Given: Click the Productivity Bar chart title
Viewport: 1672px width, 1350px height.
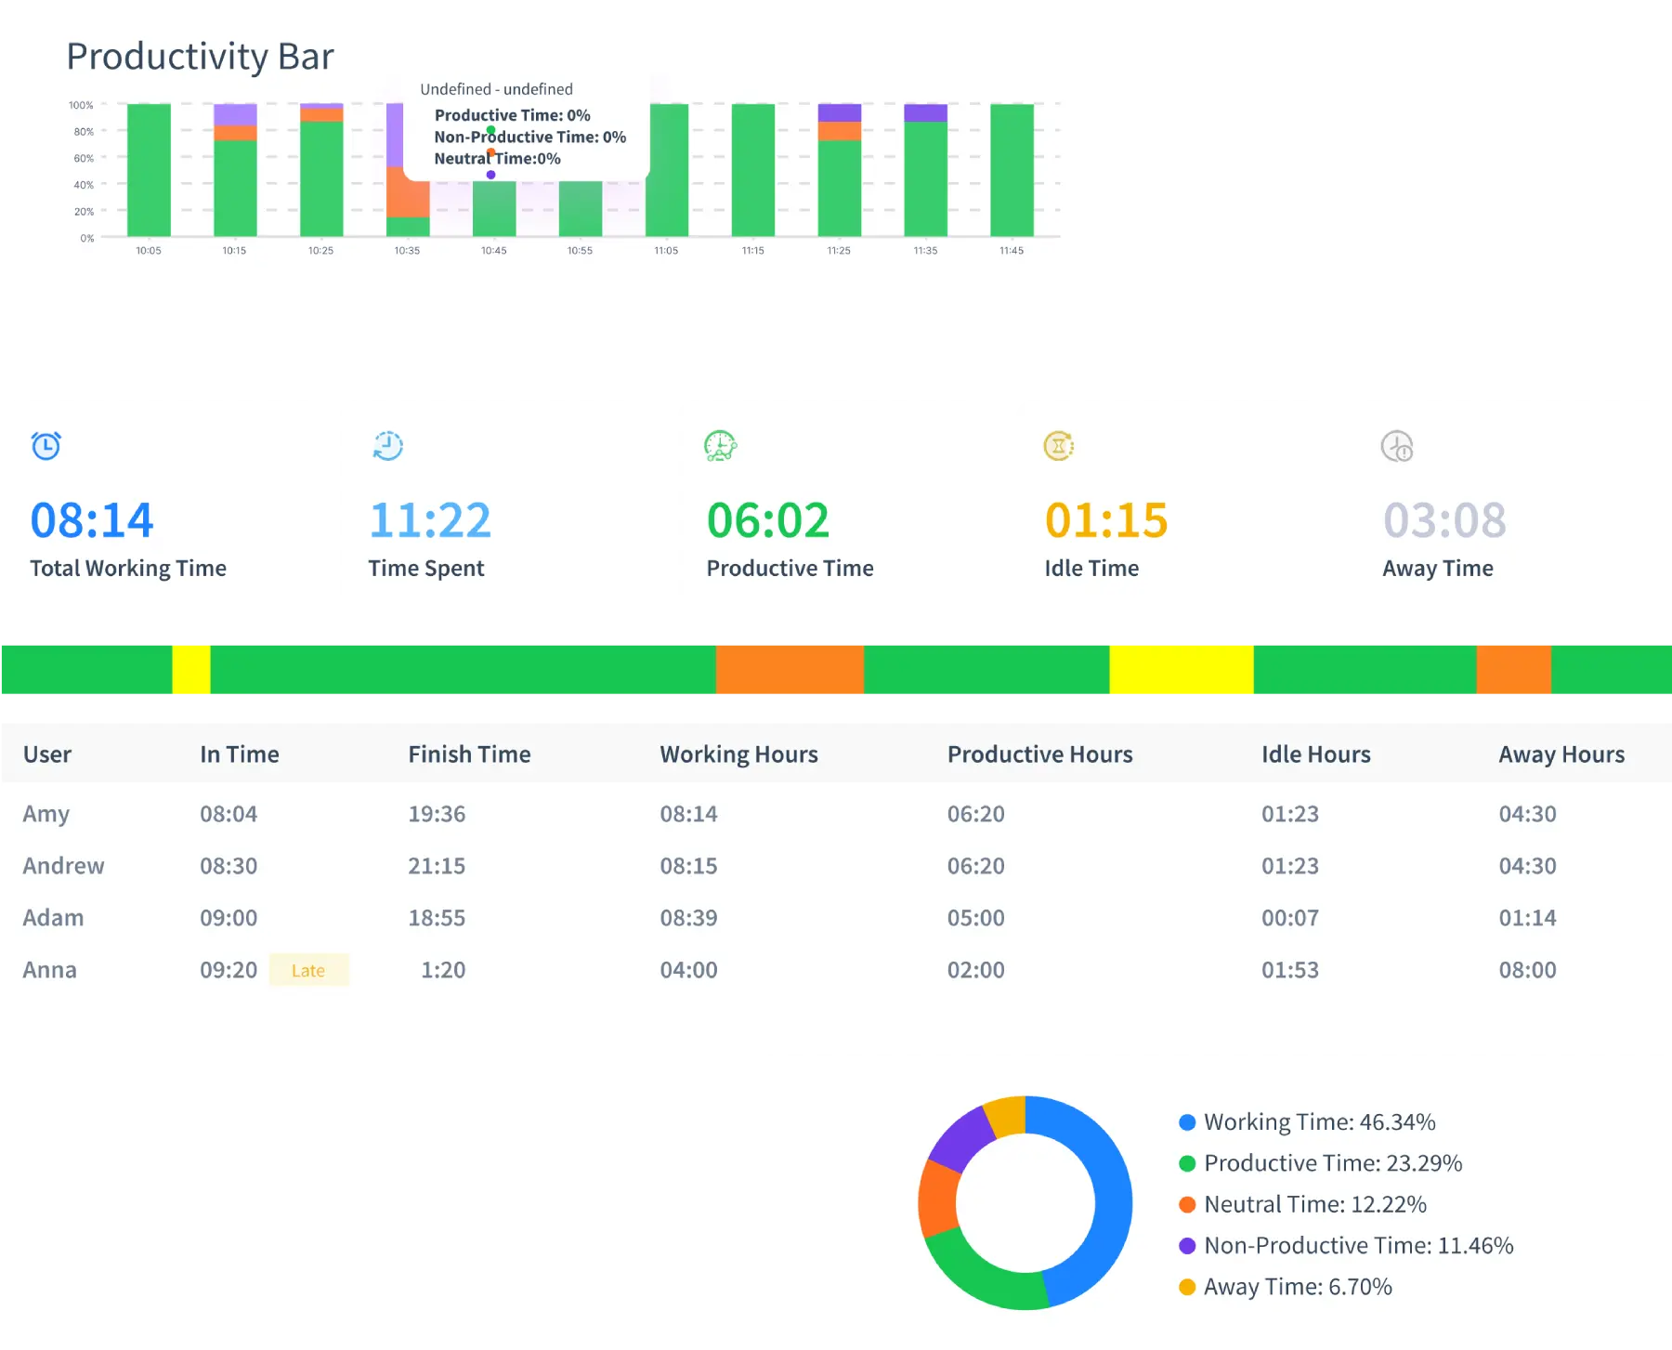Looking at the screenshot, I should click(200, 57).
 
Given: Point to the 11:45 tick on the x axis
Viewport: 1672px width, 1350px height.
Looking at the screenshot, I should click(1012, 251).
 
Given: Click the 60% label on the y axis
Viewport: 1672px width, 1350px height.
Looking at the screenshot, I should click(84, 158).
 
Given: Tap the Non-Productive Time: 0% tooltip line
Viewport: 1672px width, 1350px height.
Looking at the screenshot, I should click(529, 137).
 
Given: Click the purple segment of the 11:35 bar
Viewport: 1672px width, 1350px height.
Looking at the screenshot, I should click(925, 112).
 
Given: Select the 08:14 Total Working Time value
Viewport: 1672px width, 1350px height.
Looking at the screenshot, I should click(91, 520).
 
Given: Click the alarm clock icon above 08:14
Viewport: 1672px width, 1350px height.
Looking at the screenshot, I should click(46, 446).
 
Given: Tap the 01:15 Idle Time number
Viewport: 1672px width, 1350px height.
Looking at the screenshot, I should click(1105, 520).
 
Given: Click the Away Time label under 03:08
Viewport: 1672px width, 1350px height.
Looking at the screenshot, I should click(1437, 569).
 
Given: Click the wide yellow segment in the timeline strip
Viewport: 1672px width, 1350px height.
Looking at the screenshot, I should click(1181, 669).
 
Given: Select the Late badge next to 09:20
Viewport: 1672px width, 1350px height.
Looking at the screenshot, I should click(308, 970).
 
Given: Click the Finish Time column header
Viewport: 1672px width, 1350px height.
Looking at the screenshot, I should click(469, 754).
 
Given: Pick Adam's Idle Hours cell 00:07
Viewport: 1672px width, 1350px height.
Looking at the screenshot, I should click(1289, 918).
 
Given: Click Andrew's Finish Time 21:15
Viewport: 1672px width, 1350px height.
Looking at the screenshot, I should click(437, 866).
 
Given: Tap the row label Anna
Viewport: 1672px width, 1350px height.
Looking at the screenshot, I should click(50, 970).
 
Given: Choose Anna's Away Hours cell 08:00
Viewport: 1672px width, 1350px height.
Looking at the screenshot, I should click(1527, 970).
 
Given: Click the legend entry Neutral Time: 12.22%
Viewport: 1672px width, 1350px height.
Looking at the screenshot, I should click(1314, 1205).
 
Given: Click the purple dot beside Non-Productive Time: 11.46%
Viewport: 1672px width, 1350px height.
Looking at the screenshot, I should click(1186, 1246).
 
